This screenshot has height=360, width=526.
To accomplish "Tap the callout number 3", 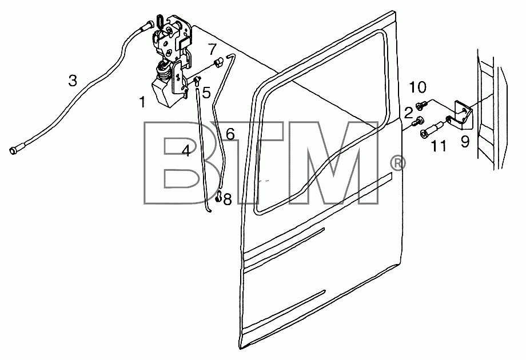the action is [73, 81].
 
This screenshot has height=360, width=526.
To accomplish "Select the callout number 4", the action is [186, 151].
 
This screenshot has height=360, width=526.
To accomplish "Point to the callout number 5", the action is [206, 93].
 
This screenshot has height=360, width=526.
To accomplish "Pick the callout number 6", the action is [230, 134].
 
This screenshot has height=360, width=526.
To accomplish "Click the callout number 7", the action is [212, 49].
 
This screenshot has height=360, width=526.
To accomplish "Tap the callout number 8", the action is [228, 200].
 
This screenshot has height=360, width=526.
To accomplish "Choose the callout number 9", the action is [465, 142].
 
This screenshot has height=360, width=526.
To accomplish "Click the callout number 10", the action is [417, 87].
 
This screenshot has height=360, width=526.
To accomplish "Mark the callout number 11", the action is [439, 146].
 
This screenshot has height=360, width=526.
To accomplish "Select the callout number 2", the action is [408, 113].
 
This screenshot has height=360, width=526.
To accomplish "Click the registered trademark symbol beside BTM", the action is [397, 163].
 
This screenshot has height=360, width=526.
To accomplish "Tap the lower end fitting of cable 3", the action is [16, 150].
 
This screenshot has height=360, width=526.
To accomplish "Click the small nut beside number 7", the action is [218, 62].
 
